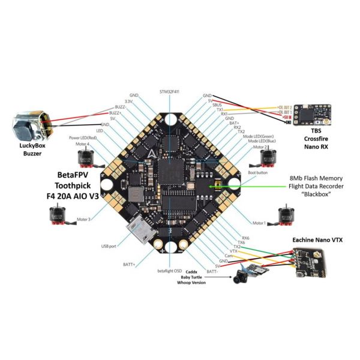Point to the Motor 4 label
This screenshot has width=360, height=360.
pyautogui.click(x=80, y=144)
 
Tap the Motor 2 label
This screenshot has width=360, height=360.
pyautogui.click(x=260, y=147)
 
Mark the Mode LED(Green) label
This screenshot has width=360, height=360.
pyautogui.click(x=256, y=136)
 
